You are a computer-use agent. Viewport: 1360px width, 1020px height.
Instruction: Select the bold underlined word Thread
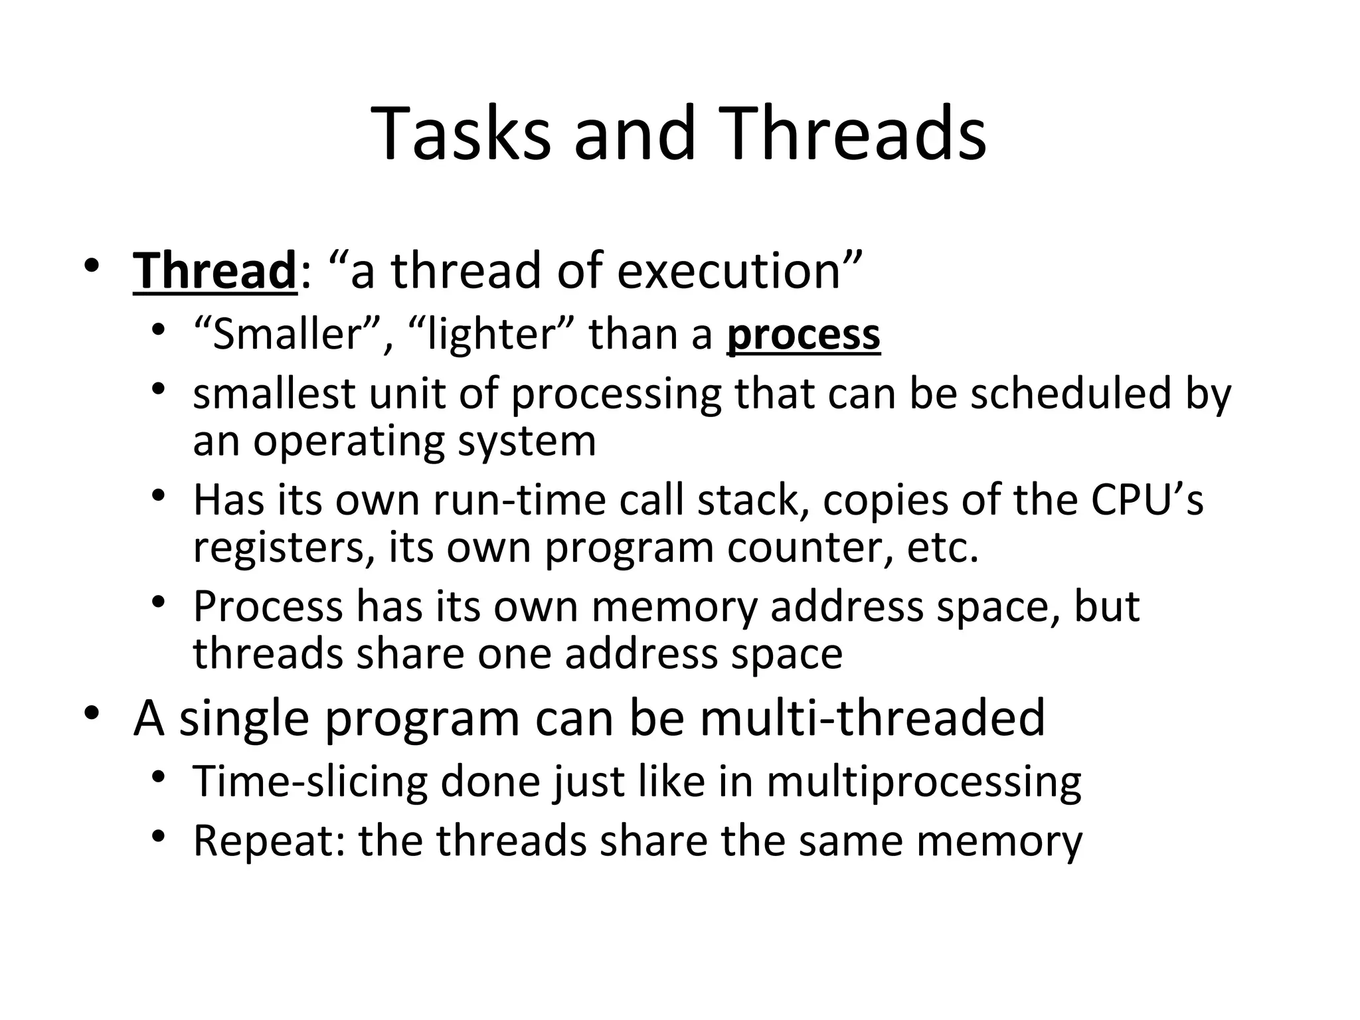click(215, 271)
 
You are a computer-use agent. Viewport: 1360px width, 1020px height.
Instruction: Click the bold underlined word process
click(804, 335)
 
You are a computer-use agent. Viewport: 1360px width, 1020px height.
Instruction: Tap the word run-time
click(520, 500)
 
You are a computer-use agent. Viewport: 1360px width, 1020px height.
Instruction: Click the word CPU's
click(1146, 500)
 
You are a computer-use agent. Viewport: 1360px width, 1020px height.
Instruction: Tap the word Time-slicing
click(310, 782)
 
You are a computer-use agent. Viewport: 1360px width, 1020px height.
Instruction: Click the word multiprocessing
click(924, 782)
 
